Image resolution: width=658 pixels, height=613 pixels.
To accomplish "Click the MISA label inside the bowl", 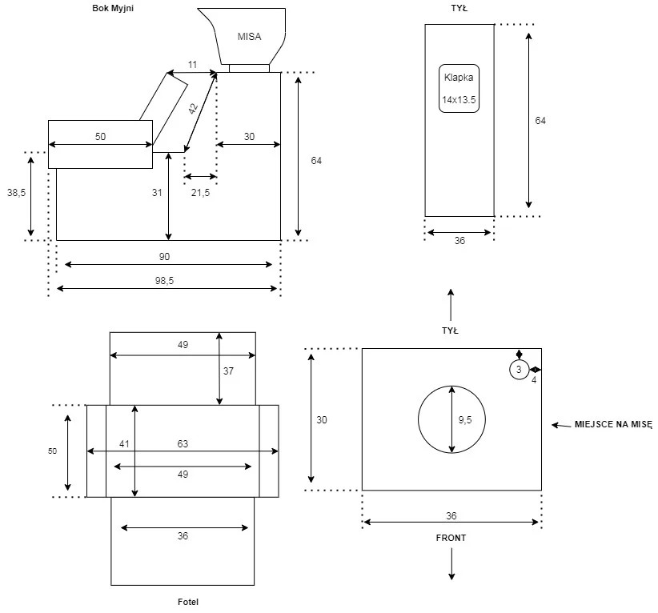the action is coord(249,37).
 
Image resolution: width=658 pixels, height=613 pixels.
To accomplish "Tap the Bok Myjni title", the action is coord(113,8).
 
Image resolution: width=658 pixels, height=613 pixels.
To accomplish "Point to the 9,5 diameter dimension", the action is coord(465,419).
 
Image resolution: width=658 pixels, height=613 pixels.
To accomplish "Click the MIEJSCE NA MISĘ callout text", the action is coord(613,425).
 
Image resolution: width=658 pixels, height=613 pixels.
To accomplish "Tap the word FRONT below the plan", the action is coord(451,538).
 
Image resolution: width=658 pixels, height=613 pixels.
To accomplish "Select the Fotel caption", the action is coord(188,602).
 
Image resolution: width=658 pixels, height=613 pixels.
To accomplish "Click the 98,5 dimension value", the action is coord(165,281).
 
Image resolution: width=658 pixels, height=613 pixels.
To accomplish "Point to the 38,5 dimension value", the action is coord(16,193).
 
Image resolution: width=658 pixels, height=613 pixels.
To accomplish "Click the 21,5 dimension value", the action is coord(201,193).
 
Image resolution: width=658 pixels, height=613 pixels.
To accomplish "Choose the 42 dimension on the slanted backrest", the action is coord(193,109).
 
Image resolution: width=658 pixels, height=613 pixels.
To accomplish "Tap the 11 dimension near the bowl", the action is coord(192,65).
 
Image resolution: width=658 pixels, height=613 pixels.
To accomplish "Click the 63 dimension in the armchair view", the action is coord(183,444).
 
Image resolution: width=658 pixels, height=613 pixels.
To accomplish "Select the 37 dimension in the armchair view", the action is coord(228,371).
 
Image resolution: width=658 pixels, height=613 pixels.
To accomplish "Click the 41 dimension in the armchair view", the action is coord(124,444).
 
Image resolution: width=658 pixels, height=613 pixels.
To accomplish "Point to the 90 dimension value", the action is coord(165,257).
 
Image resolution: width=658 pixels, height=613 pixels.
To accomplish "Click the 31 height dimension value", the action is coord(157,193).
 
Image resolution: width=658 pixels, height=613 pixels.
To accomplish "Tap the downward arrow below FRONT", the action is coord(451,564).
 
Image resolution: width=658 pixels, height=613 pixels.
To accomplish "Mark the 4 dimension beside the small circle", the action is coord(534,380).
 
